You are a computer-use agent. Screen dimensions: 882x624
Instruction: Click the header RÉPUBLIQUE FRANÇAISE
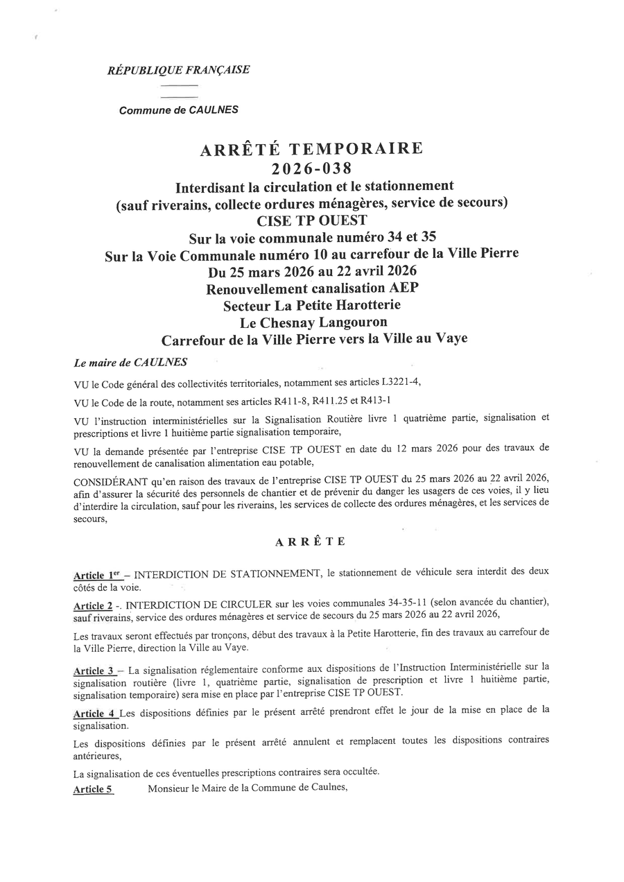coord(178,70)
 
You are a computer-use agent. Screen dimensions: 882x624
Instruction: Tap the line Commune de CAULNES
coord(179,110)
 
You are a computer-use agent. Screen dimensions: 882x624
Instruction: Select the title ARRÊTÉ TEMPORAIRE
coord(311,149)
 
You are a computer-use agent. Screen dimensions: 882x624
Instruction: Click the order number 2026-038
coord(311,168)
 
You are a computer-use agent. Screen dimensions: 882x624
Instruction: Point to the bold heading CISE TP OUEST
coord(311,221)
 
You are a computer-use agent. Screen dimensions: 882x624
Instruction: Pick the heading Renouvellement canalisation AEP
coord(312,288)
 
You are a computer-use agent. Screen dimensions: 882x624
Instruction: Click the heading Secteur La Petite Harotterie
coord(312,305)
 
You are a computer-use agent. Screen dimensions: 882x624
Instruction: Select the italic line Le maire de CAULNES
coord(130,362)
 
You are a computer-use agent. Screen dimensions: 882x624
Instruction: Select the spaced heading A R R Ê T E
coord(310,542)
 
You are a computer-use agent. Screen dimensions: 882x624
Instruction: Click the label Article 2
coord(93,605)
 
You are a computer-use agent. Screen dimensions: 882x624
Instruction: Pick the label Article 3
coord(94,671)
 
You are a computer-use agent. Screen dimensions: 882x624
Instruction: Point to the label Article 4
coord(94,713)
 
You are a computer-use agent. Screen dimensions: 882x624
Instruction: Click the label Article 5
coord(93,788)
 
